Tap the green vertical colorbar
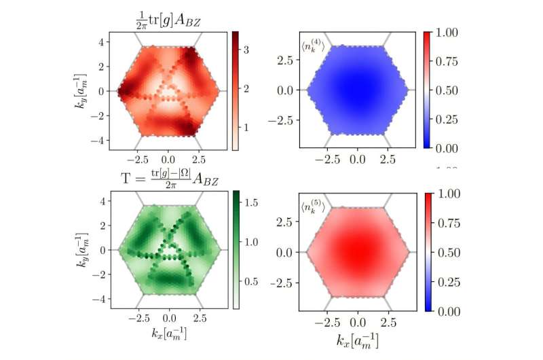(236, 249)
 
